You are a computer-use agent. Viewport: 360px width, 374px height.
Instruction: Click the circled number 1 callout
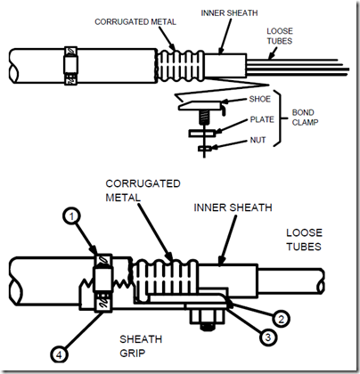pyautogui.click(x=71, y=216)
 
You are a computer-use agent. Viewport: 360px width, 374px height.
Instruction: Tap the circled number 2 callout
pyautogui.click(x=281, y=319)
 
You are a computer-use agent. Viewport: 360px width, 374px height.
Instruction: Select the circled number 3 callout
pyautogui.click(x=267, y=337)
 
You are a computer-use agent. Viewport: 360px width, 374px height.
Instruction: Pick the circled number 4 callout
pyautogui.click(x=59, y=354)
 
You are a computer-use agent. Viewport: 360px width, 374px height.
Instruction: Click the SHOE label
pyautogui.click(x=260, y=99)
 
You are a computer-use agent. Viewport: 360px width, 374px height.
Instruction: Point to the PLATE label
pyautogui.click(x=262, y=119)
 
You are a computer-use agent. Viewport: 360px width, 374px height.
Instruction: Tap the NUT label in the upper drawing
pyautogui.click(x=258, y=140)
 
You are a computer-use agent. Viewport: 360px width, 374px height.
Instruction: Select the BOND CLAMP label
pyautogui.click(x=305, y=118)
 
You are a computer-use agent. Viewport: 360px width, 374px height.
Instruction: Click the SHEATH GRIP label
pyautogui.click(x=141, y=346)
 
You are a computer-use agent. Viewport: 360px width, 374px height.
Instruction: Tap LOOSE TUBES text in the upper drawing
pyautogui.click(x=280, y=36)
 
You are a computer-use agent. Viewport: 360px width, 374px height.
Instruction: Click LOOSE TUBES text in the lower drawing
pyautogui.click(x=304, y=240)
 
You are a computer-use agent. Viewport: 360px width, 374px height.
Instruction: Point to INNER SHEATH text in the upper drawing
pyautogui.click(x=229, y=13)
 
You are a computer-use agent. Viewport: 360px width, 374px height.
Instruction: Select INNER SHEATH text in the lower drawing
pyautogui.click(x=233, y=207)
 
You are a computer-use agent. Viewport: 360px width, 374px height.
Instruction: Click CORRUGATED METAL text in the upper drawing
pyautogui.click(x=135, y=21)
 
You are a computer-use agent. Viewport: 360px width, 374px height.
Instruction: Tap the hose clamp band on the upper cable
pyautogui.click(x=70, y=66)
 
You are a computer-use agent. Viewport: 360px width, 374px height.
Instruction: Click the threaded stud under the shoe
pyautogui.click(x=203, y=117)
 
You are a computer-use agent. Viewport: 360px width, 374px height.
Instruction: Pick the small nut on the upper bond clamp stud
pyautogui.click(x=205, y=148)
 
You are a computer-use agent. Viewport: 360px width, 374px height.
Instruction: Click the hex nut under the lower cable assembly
pyautogui.click(x=208, y=317)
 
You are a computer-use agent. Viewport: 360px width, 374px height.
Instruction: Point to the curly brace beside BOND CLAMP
pyautogui.click(x=281, y=118)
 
